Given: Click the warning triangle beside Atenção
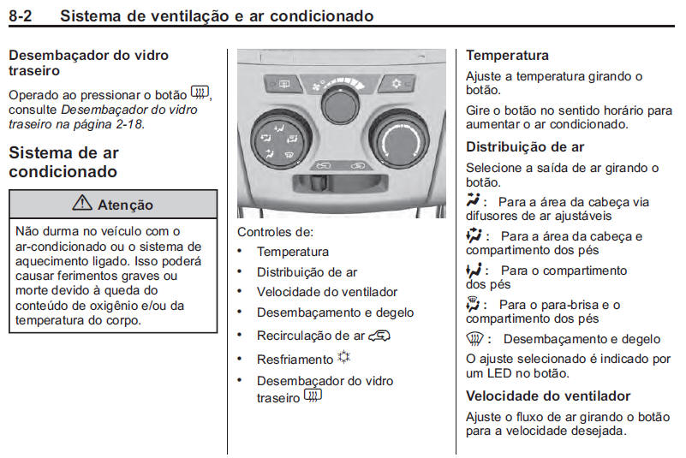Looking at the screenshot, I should click(84, 204).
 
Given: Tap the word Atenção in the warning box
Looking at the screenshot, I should click(125, 205).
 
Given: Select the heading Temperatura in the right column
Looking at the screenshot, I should click(507, 56).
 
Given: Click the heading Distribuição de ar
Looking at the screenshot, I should click(525, 146).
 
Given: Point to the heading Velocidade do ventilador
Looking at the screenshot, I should click(548, 396).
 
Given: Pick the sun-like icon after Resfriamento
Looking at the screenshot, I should click(345, 358).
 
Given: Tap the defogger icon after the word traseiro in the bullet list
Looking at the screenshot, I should click(313, 396).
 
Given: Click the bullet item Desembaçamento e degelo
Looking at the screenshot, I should click(335, 313).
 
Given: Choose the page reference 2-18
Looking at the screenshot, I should click(127, 124).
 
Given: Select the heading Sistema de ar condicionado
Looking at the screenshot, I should click(63, 162).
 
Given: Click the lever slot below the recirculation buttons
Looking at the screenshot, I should click(340, 183).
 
